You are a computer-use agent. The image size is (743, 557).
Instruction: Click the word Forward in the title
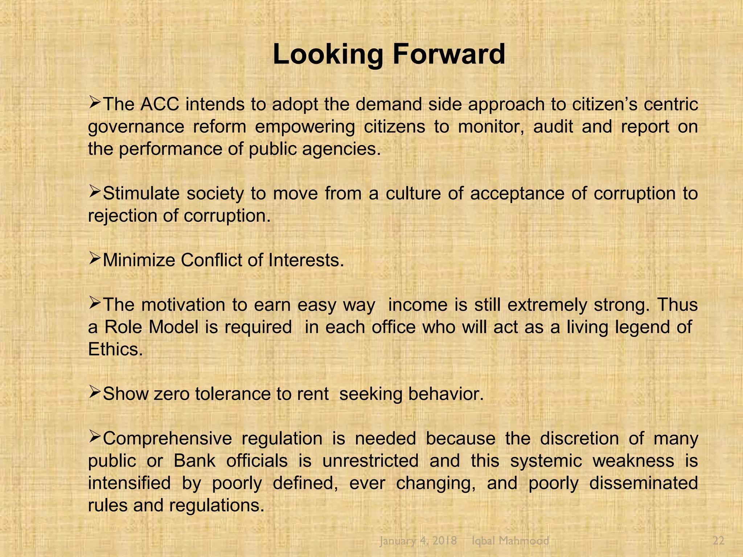(x=449, y=54)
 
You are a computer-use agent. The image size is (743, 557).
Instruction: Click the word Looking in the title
(x=328, y=55)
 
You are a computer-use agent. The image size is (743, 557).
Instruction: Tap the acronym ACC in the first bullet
(x=160, y=104)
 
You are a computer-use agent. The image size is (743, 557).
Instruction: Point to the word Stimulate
(x=141, y=194)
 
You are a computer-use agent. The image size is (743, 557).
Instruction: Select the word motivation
(x=183, y=305)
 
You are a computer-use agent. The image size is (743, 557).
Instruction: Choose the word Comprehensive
(x=167, y=439)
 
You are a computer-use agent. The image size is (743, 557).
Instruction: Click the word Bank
(x=194, y=461)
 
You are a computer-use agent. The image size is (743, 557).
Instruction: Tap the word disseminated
(x=643, y=483)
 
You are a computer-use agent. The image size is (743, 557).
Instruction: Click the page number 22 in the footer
(x=718, y=541)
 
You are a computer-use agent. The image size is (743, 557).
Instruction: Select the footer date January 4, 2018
(x=418, y=541)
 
